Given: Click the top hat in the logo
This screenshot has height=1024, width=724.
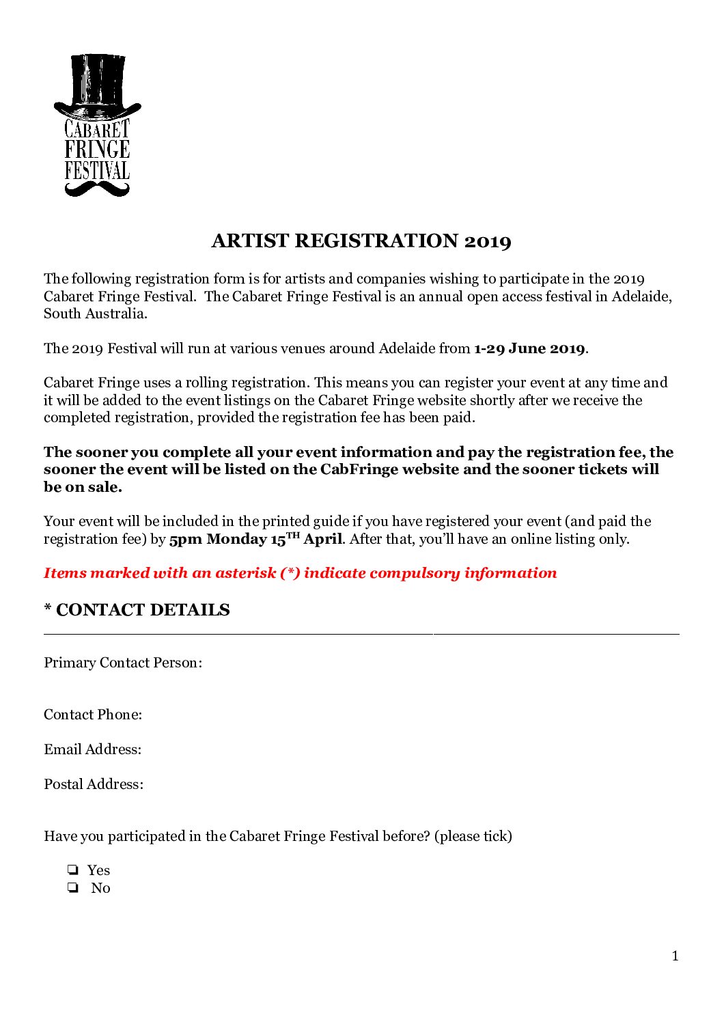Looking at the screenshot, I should (x=97, y=85).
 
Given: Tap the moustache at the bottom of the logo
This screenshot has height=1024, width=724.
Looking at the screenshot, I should (x=97, y=188).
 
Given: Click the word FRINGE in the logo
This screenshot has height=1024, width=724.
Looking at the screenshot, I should (x=97, y=150).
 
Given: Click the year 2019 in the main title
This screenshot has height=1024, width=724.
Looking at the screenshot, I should (x=488, y=241).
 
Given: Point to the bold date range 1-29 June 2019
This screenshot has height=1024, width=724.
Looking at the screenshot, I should (x=529, y=348).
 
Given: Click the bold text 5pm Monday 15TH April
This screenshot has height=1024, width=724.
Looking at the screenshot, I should (x=255, y=539).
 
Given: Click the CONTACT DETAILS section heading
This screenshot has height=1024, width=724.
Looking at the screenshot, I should (x=143, y=610).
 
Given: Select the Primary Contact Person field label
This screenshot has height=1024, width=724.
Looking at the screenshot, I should (x=123, y=663).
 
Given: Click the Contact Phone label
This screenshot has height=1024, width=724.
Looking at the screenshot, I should (x=93, y=715).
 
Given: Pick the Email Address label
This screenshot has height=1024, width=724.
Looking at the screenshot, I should (x=93, y=749).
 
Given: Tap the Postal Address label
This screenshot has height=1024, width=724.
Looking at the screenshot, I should (x=94, y=784).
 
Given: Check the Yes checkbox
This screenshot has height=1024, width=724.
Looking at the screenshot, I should (x=72, y=870).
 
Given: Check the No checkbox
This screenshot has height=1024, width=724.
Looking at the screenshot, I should (x=72, y=888).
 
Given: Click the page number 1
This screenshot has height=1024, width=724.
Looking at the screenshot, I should (x=676, y=956).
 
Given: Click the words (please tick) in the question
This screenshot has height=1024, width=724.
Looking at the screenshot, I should (x=473, y=836).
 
